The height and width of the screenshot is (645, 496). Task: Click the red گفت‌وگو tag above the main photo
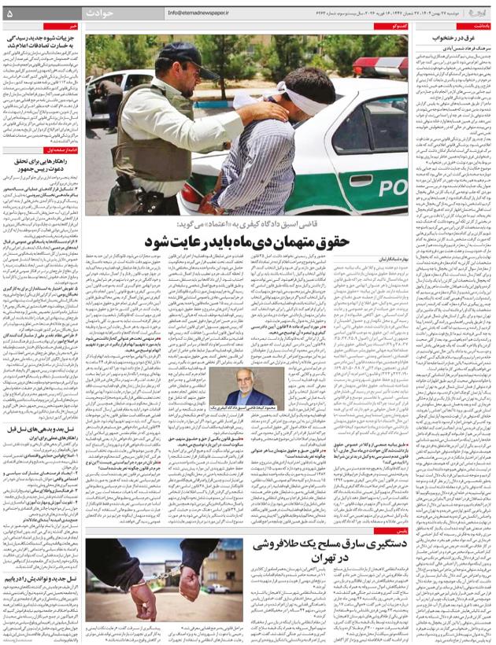398,26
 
